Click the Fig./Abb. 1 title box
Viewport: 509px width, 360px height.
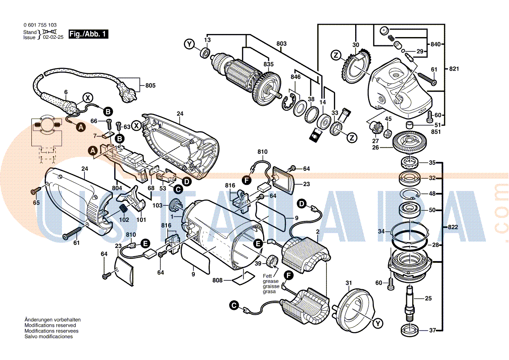click(x=88, y=34)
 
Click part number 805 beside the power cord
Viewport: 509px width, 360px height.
click(x=150, y=86)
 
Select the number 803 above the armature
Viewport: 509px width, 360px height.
click(x=282, y=44)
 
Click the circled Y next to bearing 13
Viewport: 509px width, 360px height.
click(x=189, y=44)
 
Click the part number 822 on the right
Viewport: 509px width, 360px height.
click(x=453, y=228)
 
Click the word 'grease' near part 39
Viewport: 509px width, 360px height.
click(x=270, y=281)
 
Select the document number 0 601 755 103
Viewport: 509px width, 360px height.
click(x=40, y=25)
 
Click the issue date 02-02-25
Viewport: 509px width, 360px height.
click(x=53, y=37)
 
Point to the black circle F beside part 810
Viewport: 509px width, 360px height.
click(x=247, y=179)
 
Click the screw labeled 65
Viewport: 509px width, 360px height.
click(x=35, y=190)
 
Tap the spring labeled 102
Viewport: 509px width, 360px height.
click(x=124, y=209)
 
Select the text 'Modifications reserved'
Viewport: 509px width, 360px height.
click(x=50, y=325)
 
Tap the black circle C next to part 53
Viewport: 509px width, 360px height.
click(x=177, y=189)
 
